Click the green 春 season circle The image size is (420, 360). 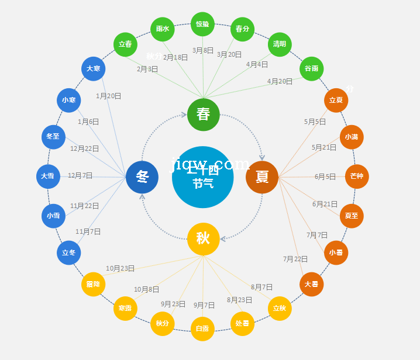[x=204, y=115]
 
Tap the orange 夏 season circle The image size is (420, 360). [x=262, y=176]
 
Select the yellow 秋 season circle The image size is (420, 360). [x=204, y=238]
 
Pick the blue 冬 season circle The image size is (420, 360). [x=142, y=176]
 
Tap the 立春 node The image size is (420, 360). [x=125, y=44]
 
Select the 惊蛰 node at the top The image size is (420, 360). [x=202, y=24]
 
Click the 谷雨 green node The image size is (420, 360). [x=311, y=69]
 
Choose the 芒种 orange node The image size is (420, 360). [x=357, y=176]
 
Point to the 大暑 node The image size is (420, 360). [x=311, y=285]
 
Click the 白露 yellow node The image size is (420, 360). [x=202, y=328]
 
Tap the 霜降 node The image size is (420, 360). [x=94, y=285]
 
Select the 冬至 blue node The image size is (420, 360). [x=53, y=137]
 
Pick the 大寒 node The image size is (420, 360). [x=94, y=69]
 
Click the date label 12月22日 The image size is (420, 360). [x=84, y=148]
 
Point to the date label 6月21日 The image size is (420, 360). [x=325, y=204]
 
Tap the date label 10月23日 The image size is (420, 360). [x=120, y=268]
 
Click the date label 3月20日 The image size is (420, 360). [x=229, y=54]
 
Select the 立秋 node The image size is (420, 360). [x=280, y=309]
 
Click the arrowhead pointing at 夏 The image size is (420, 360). [x=262, y=157]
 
